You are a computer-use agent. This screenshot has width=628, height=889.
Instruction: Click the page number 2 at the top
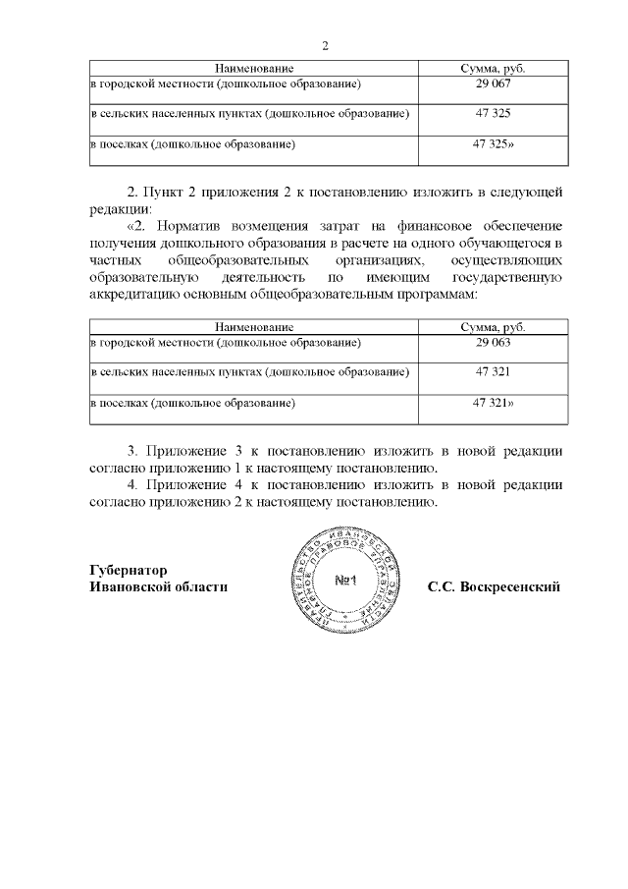click(x=325, y=46)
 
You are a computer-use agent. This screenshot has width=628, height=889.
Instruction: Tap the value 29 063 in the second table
click(x=492, y=343)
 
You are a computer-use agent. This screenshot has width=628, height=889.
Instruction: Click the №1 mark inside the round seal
click(x=350, y=580)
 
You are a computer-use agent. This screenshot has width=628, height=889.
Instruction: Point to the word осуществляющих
click(x=506, y=260)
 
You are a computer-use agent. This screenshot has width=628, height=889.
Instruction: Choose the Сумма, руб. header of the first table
click(x=492, y=68)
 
